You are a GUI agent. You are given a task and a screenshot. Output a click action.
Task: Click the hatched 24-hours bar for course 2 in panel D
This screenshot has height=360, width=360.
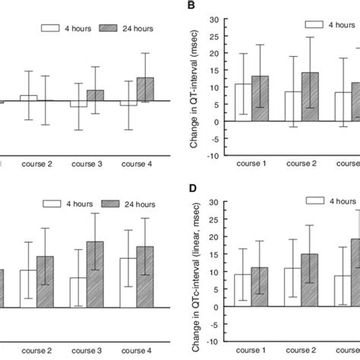pos(311,280)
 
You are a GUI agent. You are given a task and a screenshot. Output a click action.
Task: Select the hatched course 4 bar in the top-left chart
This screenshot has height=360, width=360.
pos(145,89)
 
